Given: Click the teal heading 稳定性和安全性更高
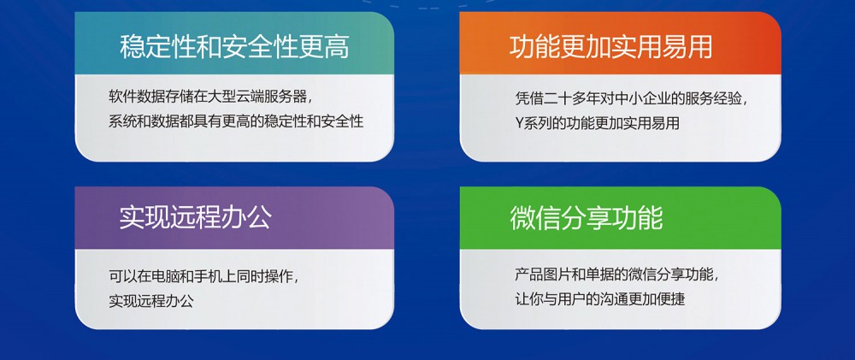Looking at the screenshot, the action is pyautogui.click(x=234, y=47).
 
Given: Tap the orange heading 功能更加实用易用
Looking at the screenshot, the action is pyautogui.click(x=610, y=47).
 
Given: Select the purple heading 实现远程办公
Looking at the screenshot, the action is pyautogui.click(x=195, y=218).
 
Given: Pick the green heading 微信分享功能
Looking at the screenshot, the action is pyautogui.click(x=587, y=218).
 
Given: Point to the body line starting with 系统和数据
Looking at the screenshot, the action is pyautogui.click(x=236, y=121).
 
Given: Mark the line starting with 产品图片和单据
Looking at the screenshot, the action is pyautogui.click(x=616, y=274).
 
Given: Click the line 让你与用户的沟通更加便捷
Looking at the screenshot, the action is pyautogui.click(x=600, y=299).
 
